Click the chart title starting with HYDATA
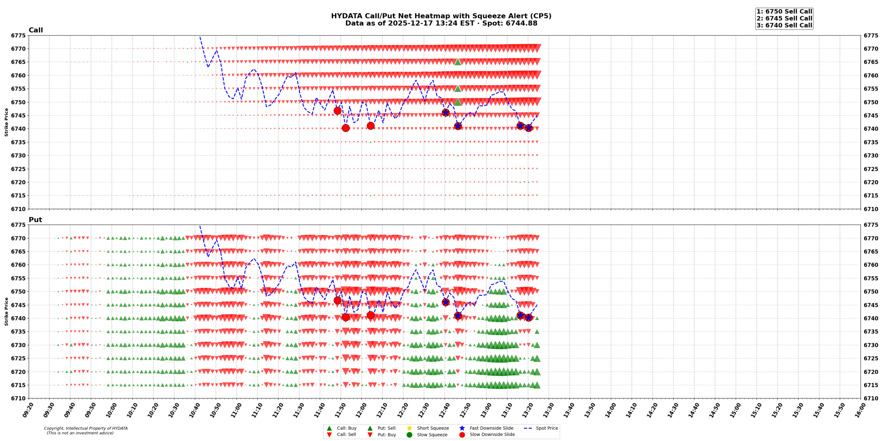click(x=441, y=16)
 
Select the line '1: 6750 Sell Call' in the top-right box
click(x=784, y=11)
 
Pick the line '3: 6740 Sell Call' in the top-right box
click(x=784, y=25)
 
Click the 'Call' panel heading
click(x=36, y=30)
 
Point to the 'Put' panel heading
click(x=35, y=220)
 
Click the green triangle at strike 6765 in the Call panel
click(x=458, y=62)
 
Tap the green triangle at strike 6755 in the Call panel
click(x=458, y=89)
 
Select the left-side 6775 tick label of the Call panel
click(x=18, y=35)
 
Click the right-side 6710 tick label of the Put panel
click(x=871, y=398)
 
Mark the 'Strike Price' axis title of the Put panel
click(x=6, y=311)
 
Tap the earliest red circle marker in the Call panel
click(x=337, y=111)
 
